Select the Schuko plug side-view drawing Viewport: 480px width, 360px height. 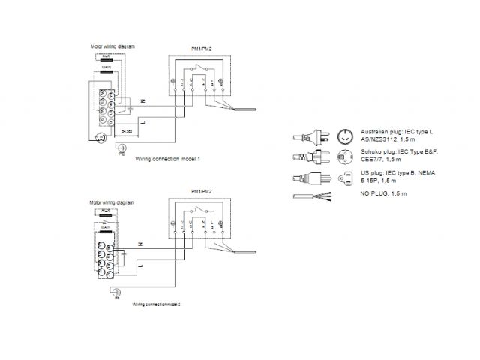point(315,157)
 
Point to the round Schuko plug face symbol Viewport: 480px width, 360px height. point(346,157)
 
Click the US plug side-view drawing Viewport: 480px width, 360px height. point(315,179)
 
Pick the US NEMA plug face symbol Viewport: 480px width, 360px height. point(346,179)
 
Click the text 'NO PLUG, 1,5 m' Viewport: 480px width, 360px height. point(383,194)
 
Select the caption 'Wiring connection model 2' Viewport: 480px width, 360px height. point(157,304)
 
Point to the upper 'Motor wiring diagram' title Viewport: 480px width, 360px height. point(112,47)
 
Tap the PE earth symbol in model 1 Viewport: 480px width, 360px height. point(118,149)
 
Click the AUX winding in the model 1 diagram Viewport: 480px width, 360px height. point(106,61)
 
